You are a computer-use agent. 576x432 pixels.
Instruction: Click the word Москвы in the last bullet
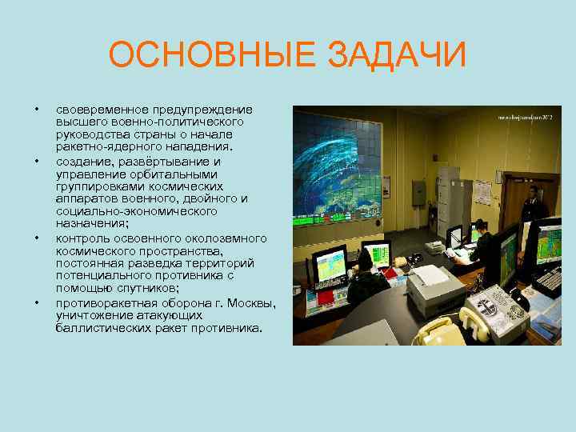250,303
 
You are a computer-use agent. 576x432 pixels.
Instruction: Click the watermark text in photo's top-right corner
525,117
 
